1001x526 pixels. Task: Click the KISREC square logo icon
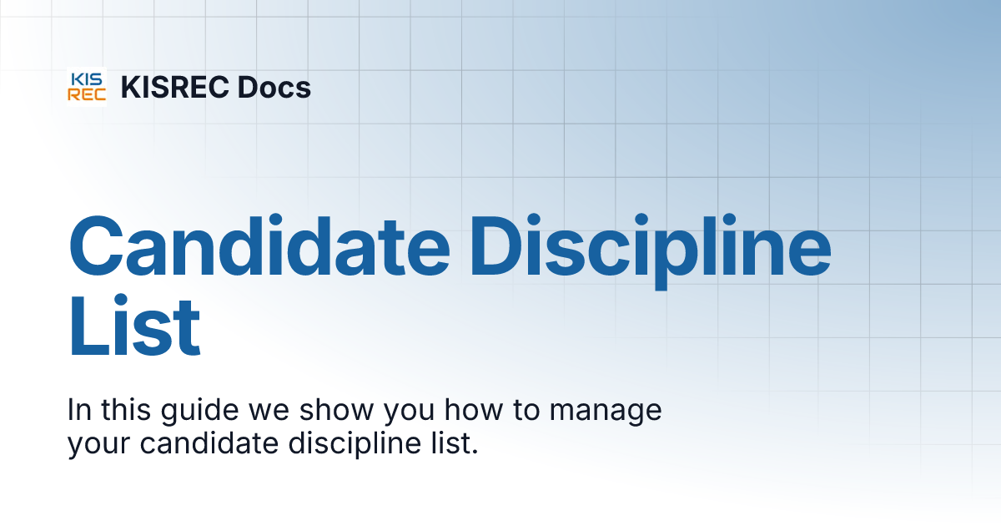coord(87,87)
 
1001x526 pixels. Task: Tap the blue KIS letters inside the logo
coord(87,79)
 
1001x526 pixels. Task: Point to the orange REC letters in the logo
coord(87,94)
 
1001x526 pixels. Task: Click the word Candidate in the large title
coord(257,247)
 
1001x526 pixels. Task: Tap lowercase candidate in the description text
coord(209,443)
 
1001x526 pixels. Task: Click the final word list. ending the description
coord(457,443)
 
